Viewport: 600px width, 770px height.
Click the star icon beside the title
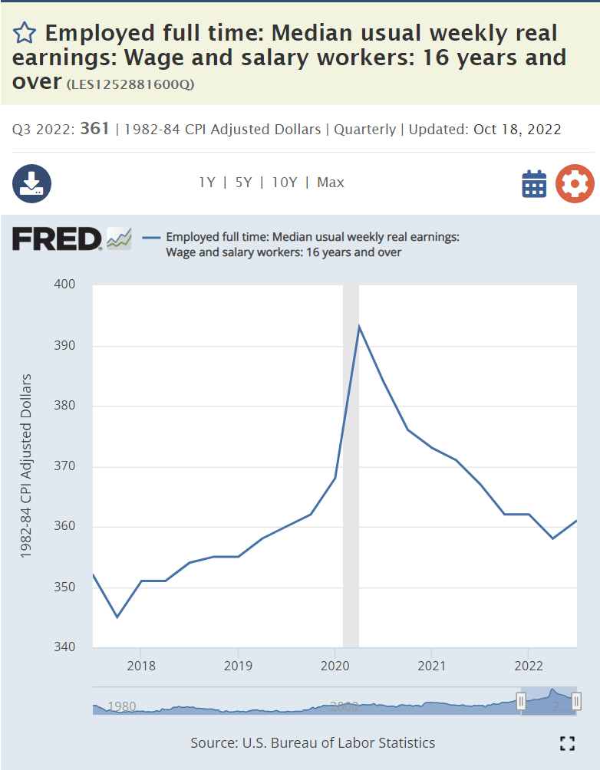25,33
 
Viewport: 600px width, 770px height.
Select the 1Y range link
206,183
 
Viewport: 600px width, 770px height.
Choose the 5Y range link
243,183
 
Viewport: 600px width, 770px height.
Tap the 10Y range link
284,183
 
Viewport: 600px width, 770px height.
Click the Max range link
331,183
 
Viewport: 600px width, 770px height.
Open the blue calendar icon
534,184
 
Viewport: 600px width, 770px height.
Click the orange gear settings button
575,184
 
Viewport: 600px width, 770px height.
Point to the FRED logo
57,239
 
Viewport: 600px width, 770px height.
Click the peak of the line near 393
358,327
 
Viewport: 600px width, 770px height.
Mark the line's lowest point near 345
117,617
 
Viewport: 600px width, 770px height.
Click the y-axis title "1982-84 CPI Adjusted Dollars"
26,466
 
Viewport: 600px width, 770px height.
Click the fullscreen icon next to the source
567,742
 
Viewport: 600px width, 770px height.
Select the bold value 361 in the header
94,129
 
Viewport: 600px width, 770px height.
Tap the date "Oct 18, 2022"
517,129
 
